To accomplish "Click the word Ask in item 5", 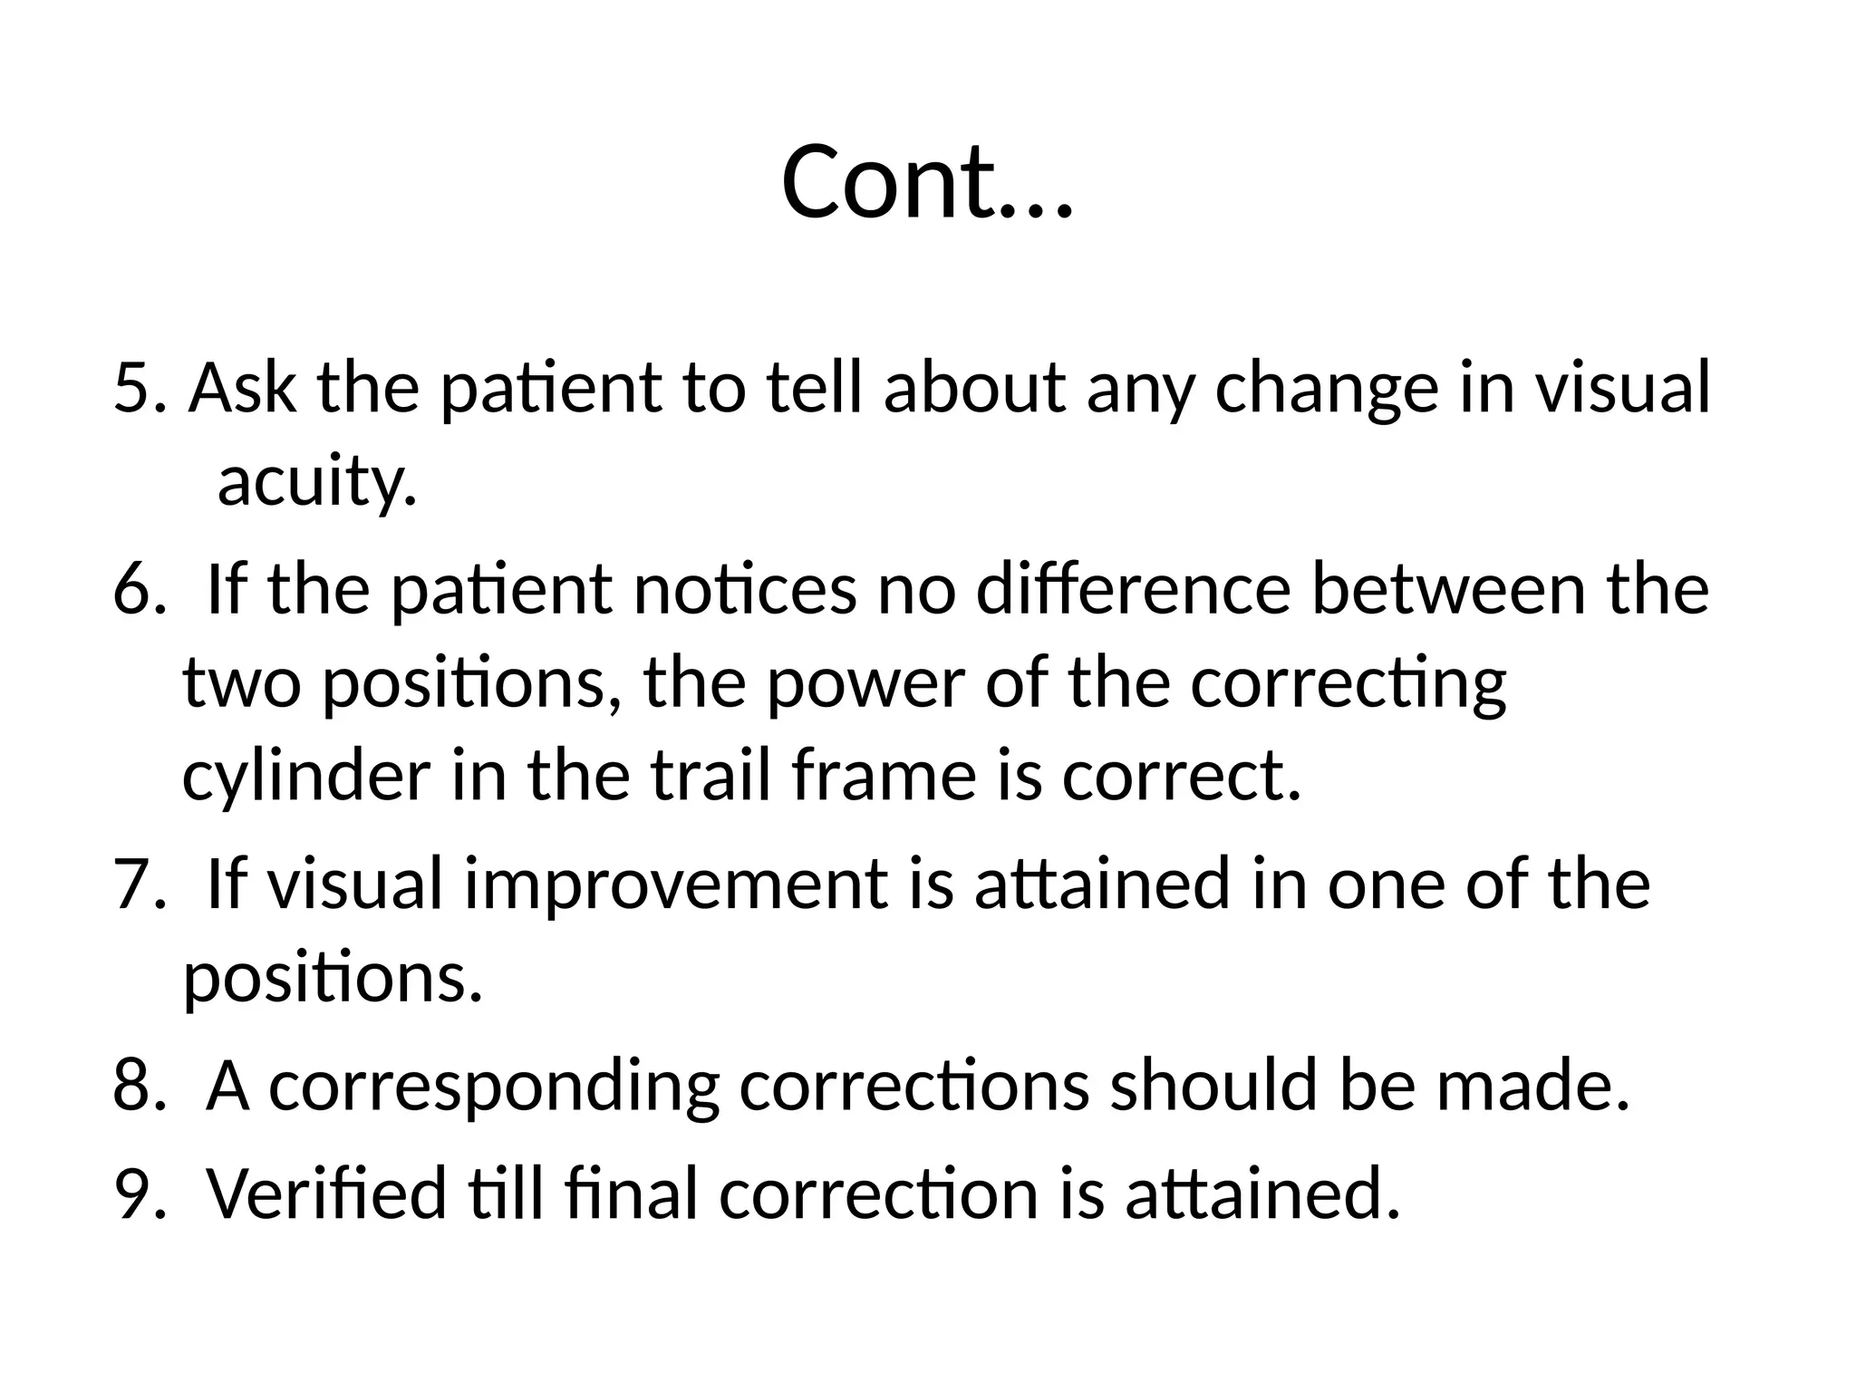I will click(242, 388).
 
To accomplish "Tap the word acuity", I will click(317, 482).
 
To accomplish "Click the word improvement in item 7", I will click(675, 885).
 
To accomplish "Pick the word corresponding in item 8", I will click(494, 1087).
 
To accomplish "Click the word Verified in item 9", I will click(327, 1194).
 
